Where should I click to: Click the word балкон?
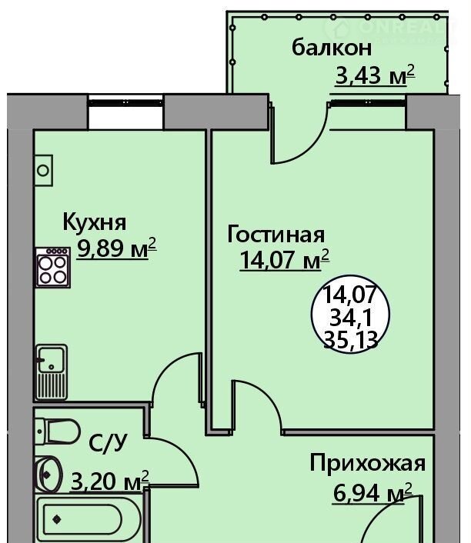(332, 48)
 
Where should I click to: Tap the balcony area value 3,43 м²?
(375, 75)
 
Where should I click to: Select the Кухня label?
(94, 222)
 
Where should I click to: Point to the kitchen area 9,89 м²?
(117, 248)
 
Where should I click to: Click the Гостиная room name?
(276, 235)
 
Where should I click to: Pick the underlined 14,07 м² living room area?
(284, 259)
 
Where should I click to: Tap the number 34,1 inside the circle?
(350, 318)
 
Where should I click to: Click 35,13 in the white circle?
(350, 340)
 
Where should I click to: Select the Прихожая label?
(367, 463)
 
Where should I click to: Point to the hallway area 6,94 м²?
(372, 493)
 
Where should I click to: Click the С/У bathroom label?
(108, 442)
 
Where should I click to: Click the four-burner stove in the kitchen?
(53, 268)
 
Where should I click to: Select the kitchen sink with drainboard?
(52, 372)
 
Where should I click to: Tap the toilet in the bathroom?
(58, 431)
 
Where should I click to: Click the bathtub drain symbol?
(56, 519)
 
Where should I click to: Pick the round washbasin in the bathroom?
(48, 473)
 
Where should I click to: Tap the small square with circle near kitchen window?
(44, 171)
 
